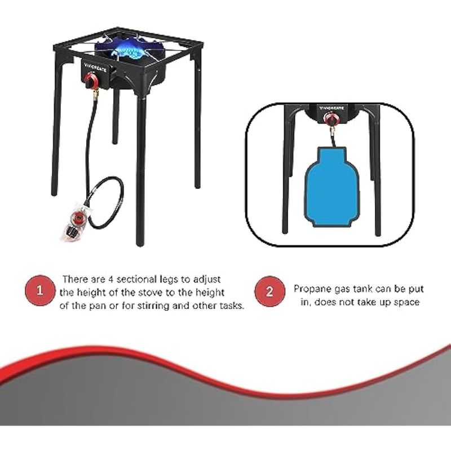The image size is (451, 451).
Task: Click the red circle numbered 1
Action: tap(40, 290)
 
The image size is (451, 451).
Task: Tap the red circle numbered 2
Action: tap(269, 291)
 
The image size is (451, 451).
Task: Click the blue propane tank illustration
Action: tap(332, 188)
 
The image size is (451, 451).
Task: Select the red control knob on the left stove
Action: tap(92, 80)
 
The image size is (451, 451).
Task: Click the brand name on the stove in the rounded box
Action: tap(331, 108)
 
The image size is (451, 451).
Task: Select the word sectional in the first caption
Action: tap(136, 279)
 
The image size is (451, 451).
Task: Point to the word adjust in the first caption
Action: tap(207, 280)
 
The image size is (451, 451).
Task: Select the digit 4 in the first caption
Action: tap(111, 279)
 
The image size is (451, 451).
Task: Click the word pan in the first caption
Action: tap(98, 306)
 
